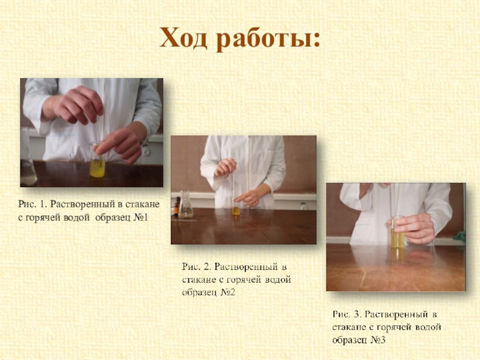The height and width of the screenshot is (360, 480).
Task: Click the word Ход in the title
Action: [x=183, y=38]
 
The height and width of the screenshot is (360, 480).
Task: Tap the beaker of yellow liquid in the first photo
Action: [x=97, y=160]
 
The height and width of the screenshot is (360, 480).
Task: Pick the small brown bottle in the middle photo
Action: [x=177, y=206]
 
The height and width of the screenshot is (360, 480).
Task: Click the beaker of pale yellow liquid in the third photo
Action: [x=397, y=232]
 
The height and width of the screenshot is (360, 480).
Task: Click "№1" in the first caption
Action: [x=141, y=218]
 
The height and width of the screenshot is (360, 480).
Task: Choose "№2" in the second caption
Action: [x=228, y=292]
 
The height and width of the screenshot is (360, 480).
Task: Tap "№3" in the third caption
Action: [x=378, y=340]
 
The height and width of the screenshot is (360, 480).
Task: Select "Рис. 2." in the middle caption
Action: [x=197, y=266]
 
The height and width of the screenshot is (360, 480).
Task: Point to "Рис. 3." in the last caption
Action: [x=347, y=314]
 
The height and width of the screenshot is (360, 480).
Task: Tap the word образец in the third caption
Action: [x=350, y=340]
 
